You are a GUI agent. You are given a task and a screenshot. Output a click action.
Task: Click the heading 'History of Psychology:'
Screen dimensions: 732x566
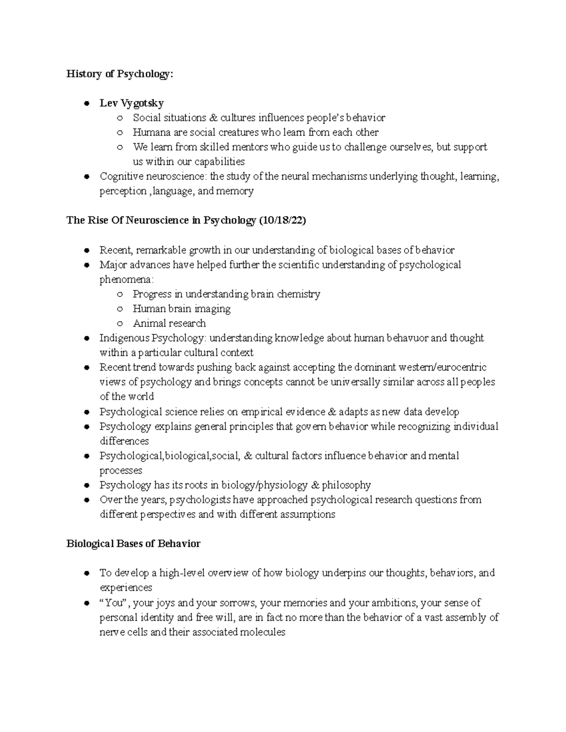[120, 74]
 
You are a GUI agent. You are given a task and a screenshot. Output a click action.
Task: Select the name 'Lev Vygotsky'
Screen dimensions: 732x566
[132, 103]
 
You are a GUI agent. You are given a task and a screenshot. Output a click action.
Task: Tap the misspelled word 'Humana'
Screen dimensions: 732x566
[149, 132]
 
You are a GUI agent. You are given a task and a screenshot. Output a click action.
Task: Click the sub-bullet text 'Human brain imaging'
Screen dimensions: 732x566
[182, 309]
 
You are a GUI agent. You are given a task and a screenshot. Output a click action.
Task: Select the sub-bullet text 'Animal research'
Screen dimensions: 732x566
[169, 323]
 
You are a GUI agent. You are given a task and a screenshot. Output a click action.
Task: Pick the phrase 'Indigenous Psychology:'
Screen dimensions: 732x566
[153, 338]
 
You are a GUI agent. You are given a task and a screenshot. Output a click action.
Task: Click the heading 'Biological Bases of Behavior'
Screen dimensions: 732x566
[133, 543]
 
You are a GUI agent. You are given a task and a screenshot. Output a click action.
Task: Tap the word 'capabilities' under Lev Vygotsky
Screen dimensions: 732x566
[218, 162]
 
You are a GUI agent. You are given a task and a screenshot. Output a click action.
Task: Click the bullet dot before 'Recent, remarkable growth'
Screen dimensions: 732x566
[86, 250]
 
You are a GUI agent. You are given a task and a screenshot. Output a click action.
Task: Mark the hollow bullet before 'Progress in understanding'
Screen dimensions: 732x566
[120, 294]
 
